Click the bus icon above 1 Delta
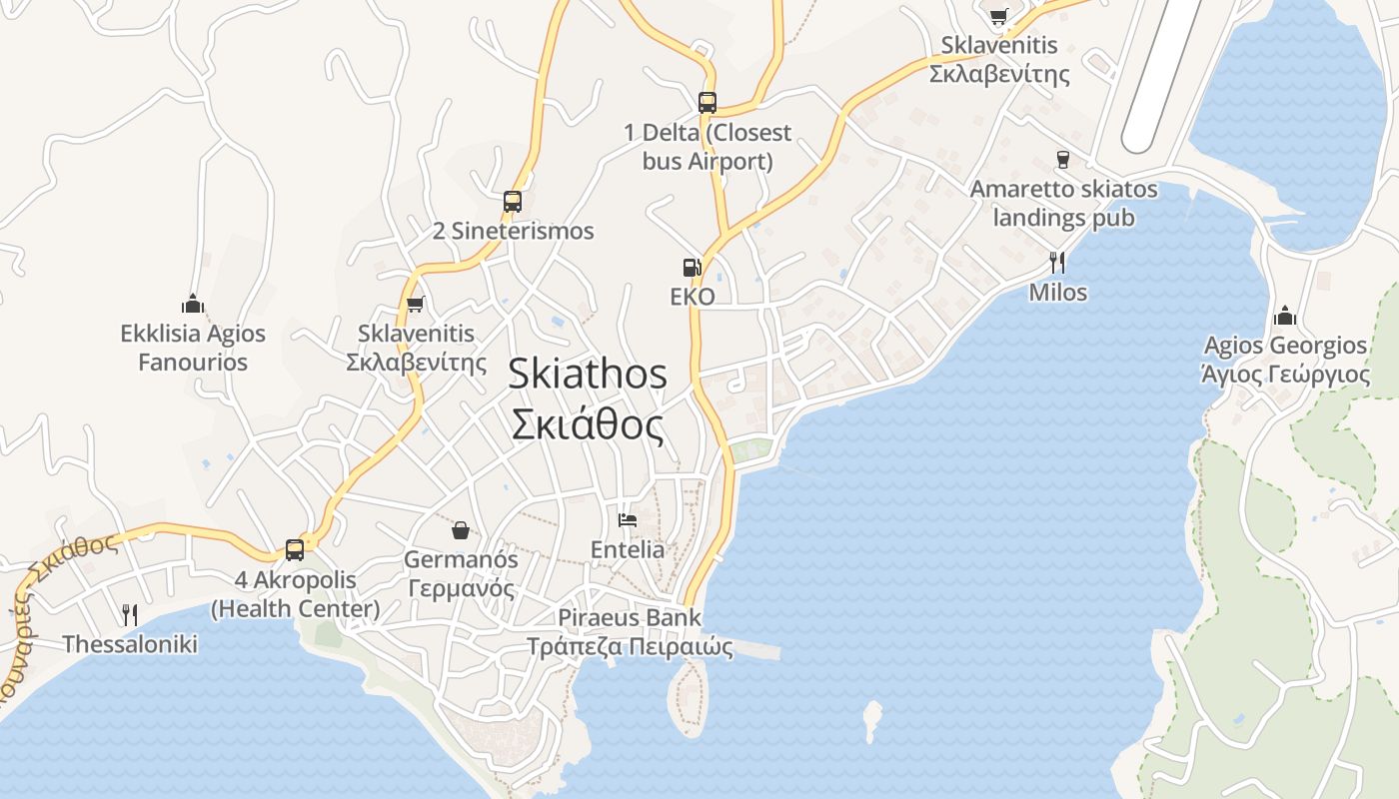[x=707, y=102]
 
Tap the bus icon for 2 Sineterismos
[x=513, y=201]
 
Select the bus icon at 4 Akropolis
[x=295, y=549]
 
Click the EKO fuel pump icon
[x=692, y=268]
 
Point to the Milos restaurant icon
[x=1057, y=263]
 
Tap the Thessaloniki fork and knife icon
[x=130, y=614]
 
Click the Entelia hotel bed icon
[x=628, y=519]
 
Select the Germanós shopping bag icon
[x=461, y=529]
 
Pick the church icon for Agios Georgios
[x=1285, y=317]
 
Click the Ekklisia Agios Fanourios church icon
[x=193, y=304]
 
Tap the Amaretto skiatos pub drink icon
[x=1063, y=160]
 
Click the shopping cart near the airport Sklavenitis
[x=998, y=16]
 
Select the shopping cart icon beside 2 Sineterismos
[x=416, y=304]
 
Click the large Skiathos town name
[x=588, y=374]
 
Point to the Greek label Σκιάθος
[x=588, y=424]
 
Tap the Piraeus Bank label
[x=630, y=617]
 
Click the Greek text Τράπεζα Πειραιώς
[x=630, y=647]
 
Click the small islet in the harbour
[x=872, y=718]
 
